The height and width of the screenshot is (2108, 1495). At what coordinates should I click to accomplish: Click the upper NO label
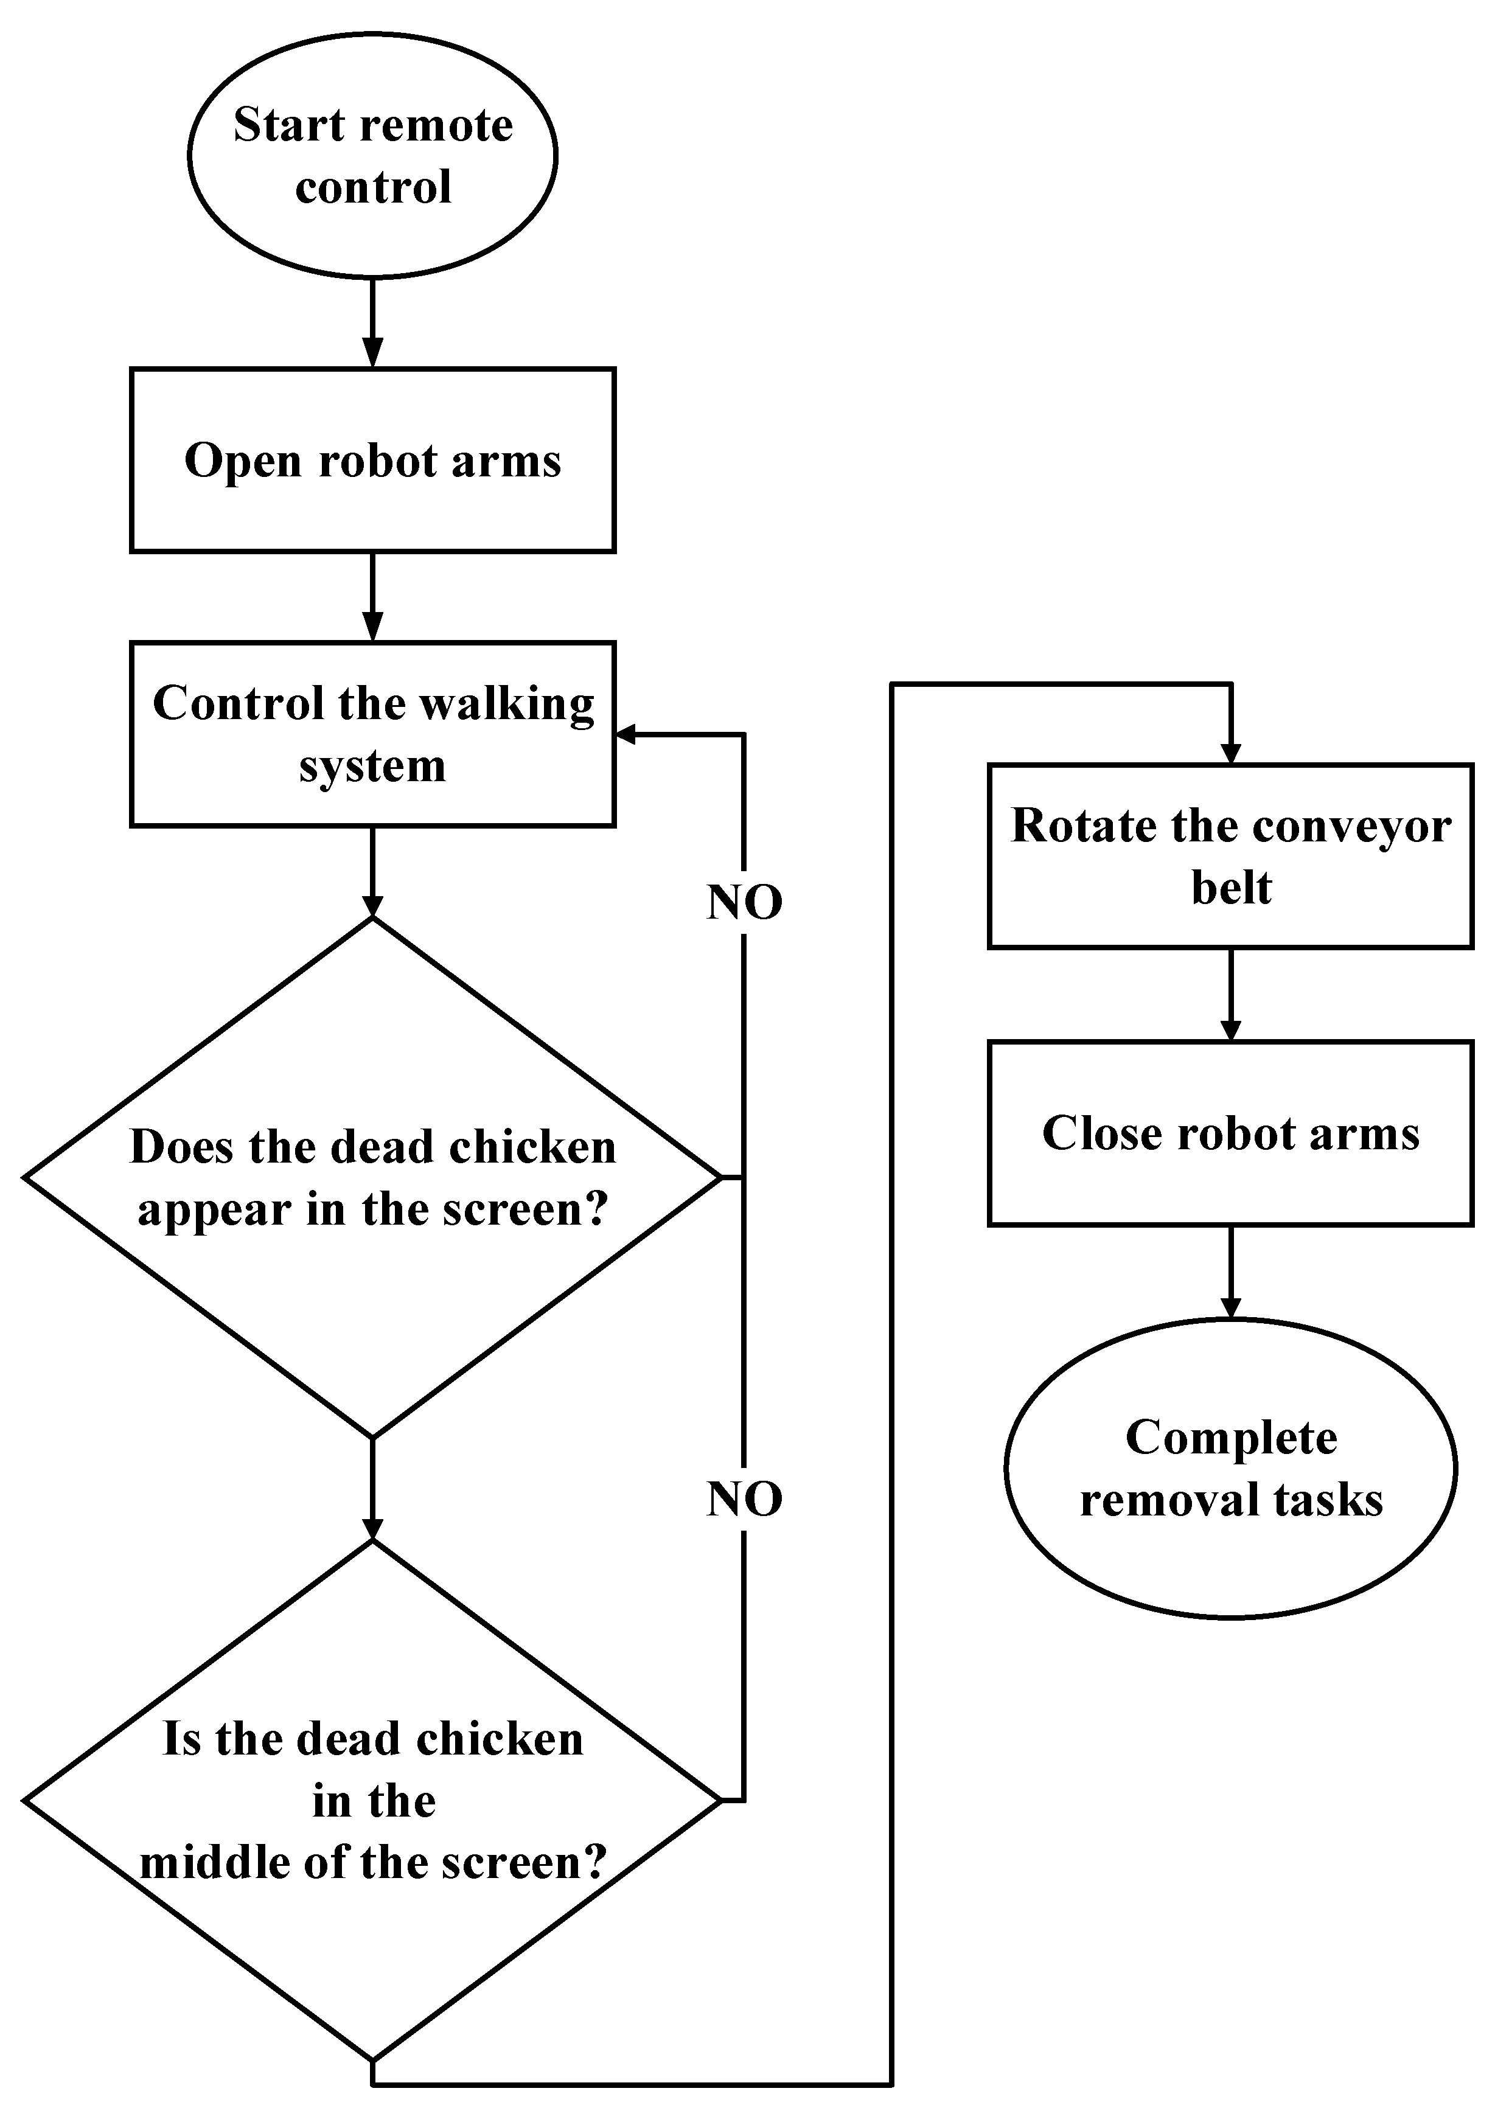(x=744, y=902)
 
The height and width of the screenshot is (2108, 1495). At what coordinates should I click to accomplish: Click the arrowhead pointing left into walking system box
(x=627, y=734)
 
